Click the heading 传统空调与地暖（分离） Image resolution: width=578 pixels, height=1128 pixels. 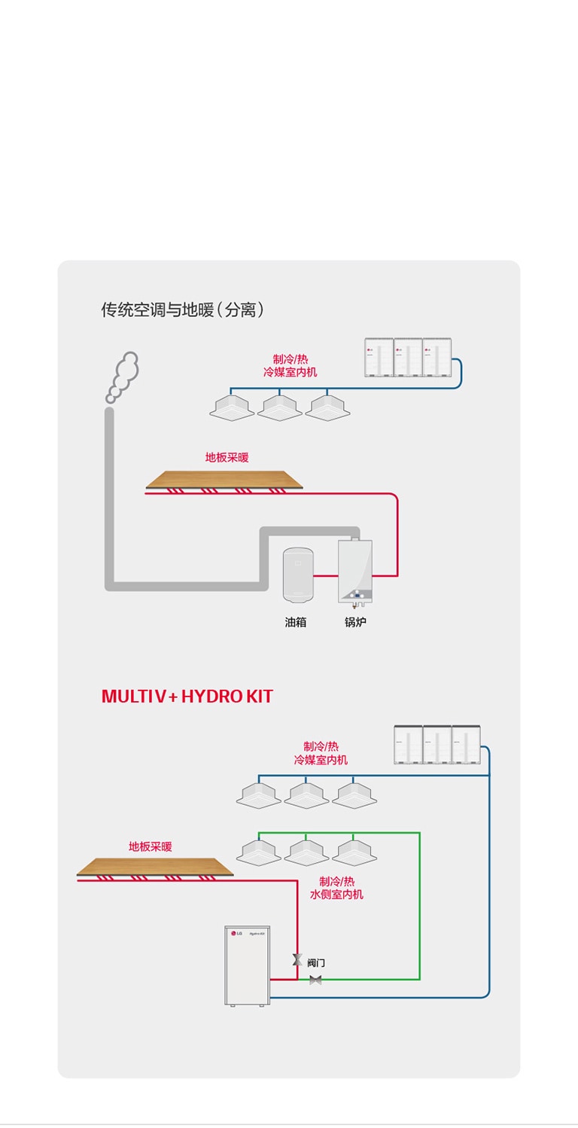click(183, 309)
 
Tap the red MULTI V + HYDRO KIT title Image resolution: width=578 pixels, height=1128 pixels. click(187, 697)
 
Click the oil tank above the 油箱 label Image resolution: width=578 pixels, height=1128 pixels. click(298, 575)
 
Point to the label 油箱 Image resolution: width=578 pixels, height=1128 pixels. click(296, 623)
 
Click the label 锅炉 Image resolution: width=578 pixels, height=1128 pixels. click(355, 623)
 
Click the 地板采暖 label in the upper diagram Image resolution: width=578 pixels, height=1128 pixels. click(227, 457)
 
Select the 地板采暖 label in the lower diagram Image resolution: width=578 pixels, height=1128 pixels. click(150, 846)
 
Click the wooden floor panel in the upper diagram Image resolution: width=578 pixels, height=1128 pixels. click(224, 479)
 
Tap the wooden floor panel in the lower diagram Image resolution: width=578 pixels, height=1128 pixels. click(155, 867)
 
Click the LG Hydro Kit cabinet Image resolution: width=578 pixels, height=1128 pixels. click(247, 965)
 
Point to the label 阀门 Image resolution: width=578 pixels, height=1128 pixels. click(316, 963)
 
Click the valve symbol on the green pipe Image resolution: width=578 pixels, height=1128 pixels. click(315, 980)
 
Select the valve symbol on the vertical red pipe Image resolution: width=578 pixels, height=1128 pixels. click(297, 960)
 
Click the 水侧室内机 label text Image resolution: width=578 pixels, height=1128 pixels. click(336, 895)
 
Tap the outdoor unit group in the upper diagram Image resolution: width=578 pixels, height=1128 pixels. click(408, 357)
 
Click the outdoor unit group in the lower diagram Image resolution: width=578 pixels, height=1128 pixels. click(437, 745)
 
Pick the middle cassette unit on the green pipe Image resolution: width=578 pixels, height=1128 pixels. click(306, 852)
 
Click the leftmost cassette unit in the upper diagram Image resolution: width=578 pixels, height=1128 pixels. click(232, 407)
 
